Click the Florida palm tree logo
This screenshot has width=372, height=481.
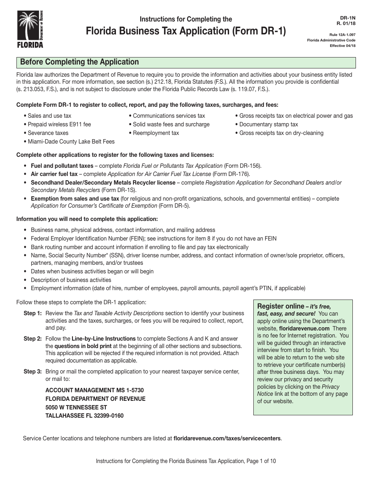(30, 29)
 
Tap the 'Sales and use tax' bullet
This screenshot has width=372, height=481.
(49, 116)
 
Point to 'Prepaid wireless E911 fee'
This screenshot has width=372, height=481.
(59, 124)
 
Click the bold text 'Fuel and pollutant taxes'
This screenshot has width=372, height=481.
(62, 166)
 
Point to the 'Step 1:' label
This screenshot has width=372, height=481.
(33, 313)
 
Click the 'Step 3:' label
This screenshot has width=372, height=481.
(33, 372)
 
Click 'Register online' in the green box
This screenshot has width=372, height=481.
(280, 306)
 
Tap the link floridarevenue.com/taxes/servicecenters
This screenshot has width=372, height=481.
(227, 438)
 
